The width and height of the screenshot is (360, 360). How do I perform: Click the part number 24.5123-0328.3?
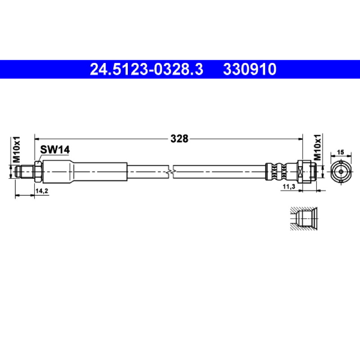pos(147,69)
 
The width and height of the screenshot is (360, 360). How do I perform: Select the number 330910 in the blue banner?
pos(250,69)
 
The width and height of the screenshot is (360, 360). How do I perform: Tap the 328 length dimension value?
pos(179,139)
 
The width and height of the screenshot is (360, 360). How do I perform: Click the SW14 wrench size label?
pos(55,150)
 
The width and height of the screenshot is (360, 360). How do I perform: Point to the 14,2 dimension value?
pos(42,190)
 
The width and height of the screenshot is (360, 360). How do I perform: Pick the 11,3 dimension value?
pos(288,187)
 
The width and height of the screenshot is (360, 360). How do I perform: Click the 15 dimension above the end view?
pos(341,152)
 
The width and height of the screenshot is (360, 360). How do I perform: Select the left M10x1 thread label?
pos(16,149)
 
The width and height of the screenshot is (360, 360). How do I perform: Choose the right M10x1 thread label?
pos(317,147)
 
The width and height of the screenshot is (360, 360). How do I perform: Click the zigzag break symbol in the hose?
pos(171,171)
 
